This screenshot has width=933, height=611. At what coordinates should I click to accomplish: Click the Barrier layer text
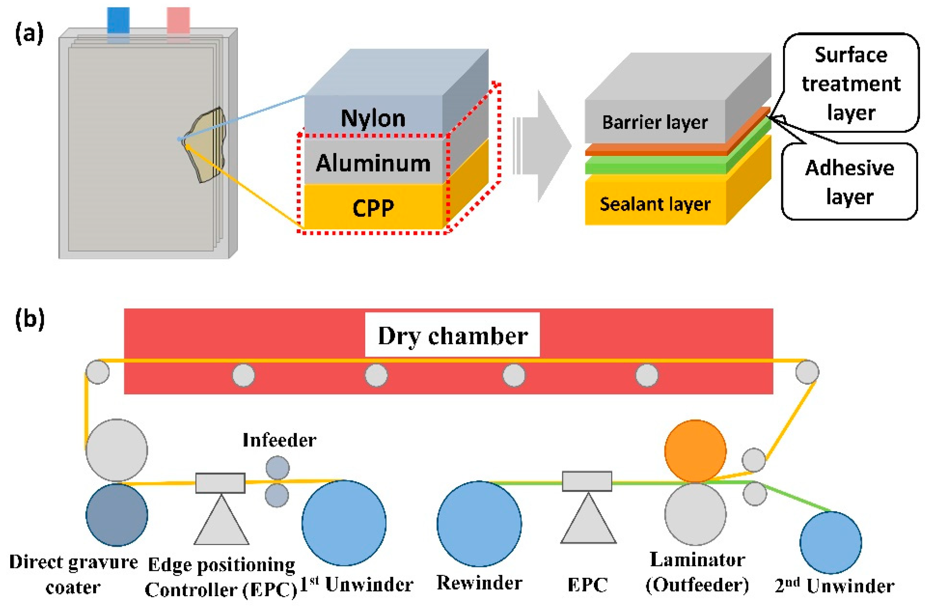(x=655, y=122)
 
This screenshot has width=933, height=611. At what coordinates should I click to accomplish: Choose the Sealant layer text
(x=655, y=204)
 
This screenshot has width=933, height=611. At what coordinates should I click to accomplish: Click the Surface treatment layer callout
(x=851, y=83)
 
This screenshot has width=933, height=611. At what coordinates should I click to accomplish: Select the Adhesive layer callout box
(x=849, y=182)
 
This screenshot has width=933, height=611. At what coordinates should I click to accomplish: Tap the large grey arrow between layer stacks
(x=549, y=146)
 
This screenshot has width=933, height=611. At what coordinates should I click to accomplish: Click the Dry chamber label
(x=452, y=336)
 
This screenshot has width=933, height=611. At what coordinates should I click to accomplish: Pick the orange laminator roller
(x=695, y=451)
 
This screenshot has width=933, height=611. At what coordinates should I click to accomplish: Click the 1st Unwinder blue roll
(x=344, y=523)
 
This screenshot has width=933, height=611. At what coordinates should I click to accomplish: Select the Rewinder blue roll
(x=479, y=524)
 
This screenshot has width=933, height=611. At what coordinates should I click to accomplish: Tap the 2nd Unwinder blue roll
(x=830, y=543)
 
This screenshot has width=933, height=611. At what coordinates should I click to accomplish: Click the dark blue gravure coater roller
(x=116, y=515)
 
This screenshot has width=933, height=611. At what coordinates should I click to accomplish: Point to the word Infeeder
(x=279, y=440)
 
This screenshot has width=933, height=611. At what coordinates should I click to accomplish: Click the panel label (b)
(x=30, y=319)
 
